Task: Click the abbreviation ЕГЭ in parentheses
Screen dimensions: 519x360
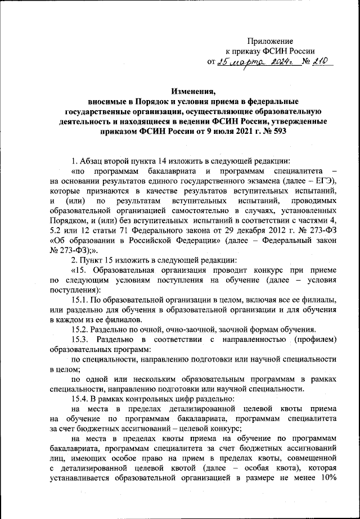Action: pos(323,179)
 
